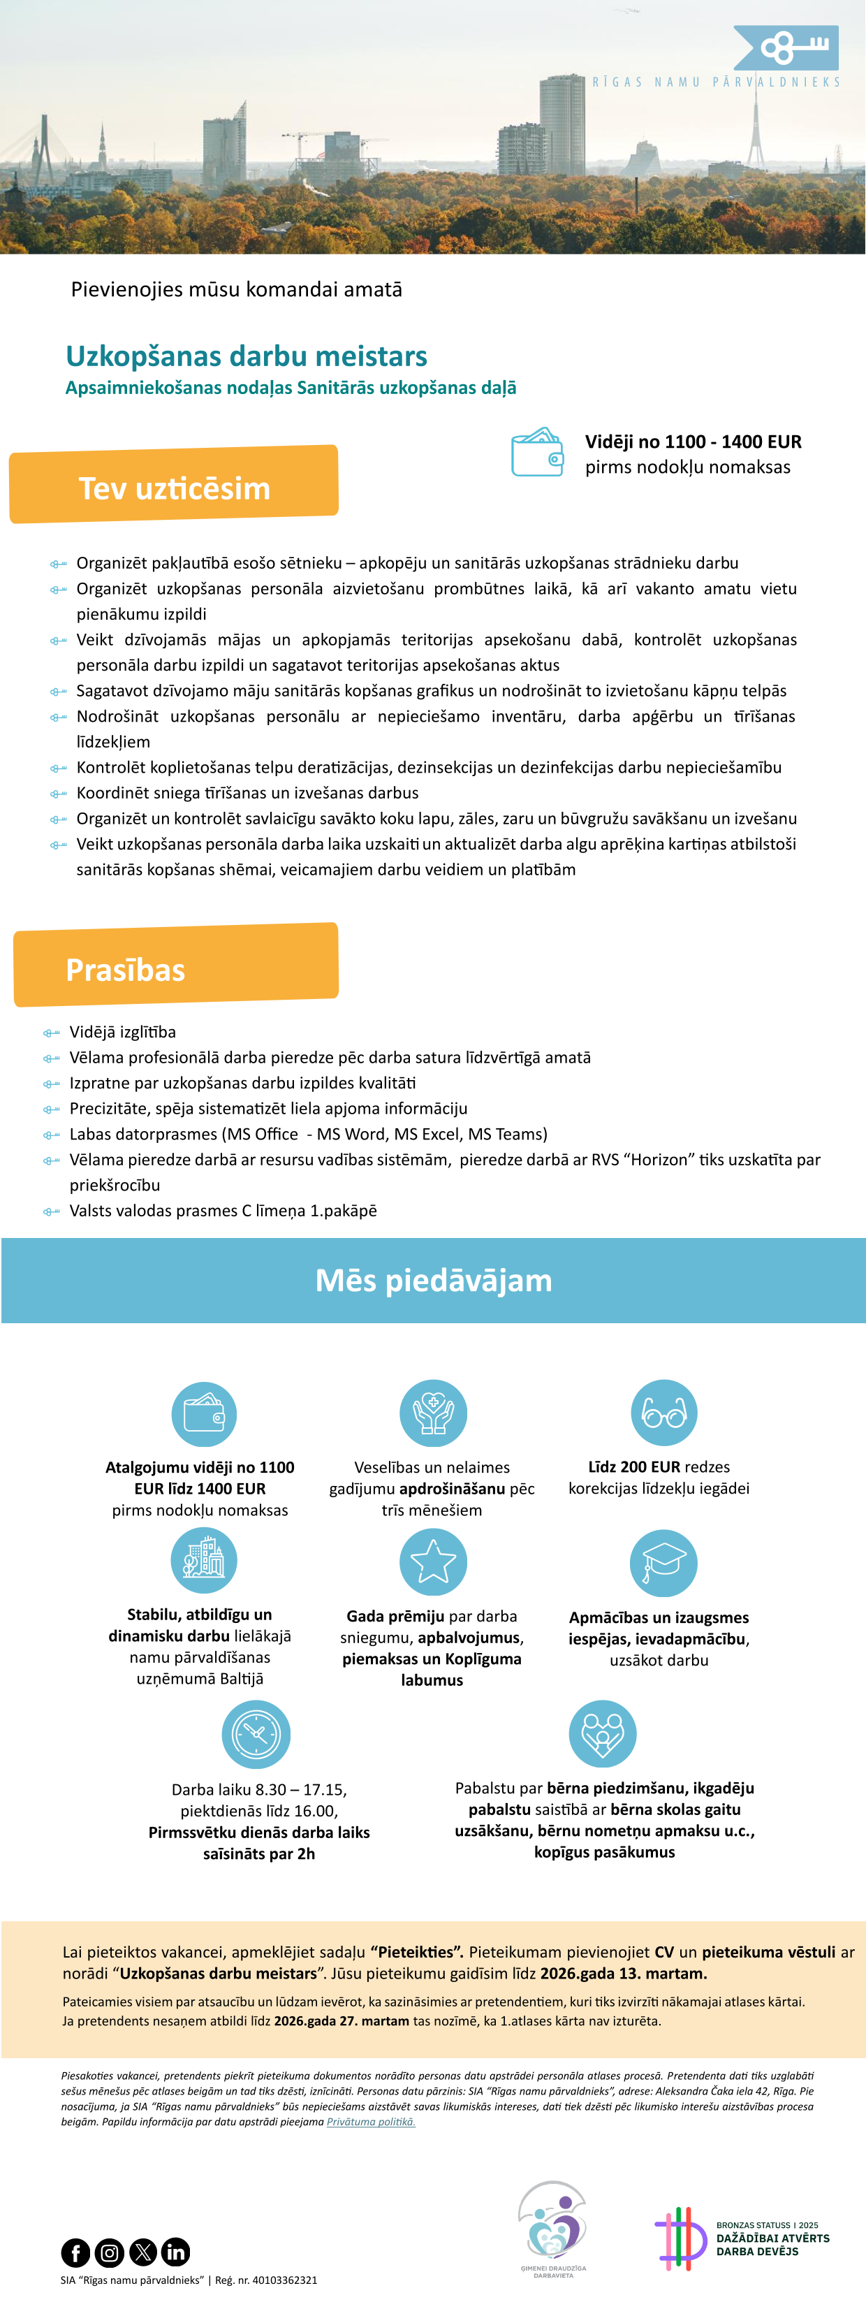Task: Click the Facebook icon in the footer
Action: [x=75, y=2251]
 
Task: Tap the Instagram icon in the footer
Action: [x=109, y=2251]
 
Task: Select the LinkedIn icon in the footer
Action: [x=176, y=2251]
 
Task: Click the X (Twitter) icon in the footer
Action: [x=143, y=2251]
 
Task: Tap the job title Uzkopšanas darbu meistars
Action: [x=247, y=356]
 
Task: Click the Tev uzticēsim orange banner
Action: [x=175, y=486]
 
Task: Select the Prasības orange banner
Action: [x=176, y=966]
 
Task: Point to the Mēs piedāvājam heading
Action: [x=434, y=1280]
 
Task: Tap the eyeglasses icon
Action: [x=664, y=1412]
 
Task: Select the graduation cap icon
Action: [x=664, y=1562]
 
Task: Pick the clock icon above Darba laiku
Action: [x=256, y=1733]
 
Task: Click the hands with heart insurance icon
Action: [x=434, y=1412]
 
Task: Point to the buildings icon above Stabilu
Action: [x=204, y=1559]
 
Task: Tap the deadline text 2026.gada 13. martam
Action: [x=623, y=1972]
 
